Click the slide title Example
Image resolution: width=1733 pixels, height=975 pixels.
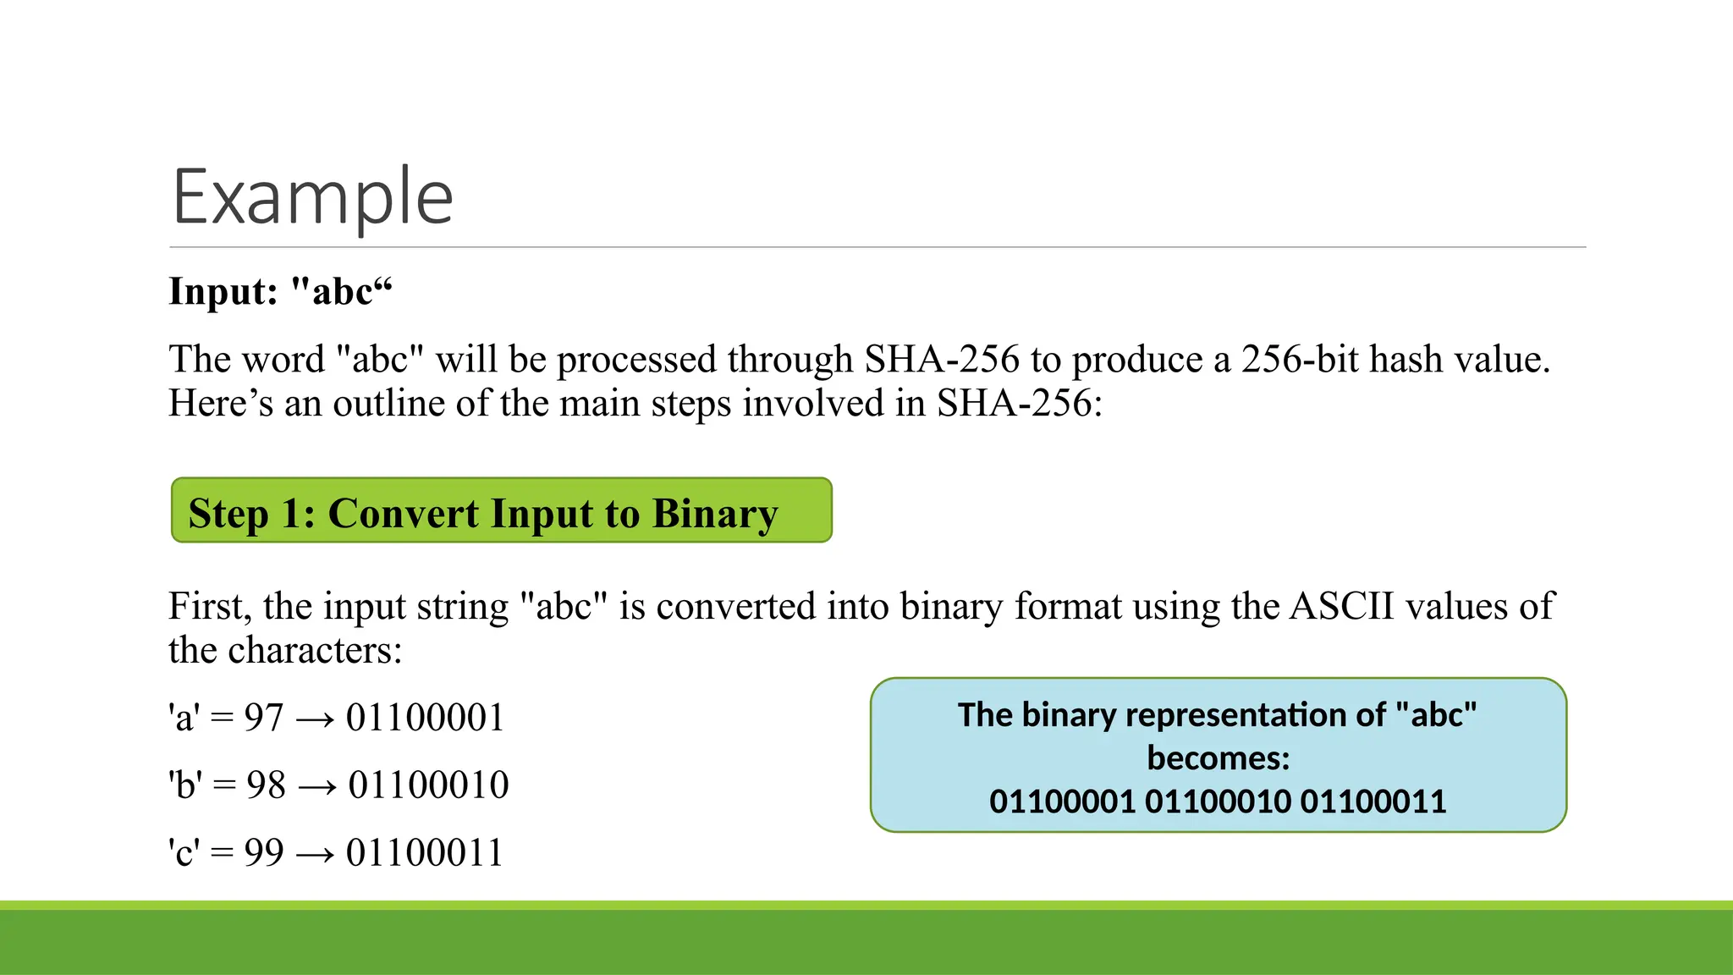312,196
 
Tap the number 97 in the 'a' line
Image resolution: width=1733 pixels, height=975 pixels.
263,718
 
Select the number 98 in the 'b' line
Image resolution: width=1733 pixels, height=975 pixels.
266,785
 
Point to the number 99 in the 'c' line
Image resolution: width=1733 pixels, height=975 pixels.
263,853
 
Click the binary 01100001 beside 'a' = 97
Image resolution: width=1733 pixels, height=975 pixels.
425,718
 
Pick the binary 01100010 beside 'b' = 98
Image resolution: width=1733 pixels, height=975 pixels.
428,785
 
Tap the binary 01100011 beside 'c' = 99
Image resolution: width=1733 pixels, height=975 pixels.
425,853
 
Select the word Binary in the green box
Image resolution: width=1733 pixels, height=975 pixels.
715,514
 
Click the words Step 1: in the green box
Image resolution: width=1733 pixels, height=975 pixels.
251,514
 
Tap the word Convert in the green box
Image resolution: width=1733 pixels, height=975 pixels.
403,514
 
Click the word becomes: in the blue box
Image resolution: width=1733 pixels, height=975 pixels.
1218,758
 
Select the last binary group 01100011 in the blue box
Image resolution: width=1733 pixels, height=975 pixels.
1373,801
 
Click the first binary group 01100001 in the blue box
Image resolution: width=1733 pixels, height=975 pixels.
1062,801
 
